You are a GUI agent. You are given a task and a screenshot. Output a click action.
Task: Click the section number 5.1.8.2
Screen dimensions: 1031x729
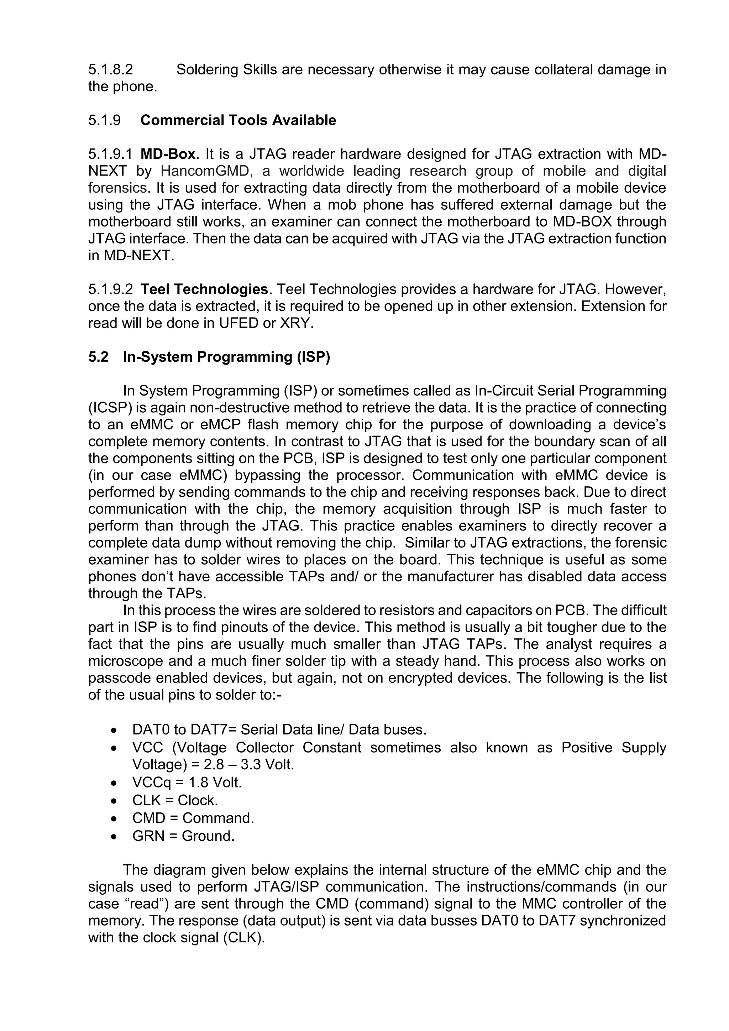(110, 70)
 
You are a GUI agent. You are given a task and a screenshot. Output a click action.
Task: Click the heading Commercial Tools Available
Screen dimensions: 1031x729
(238, 120)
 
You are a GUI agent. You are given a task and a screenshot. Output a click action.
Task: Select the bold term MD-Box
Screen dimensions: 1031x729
(168, 154)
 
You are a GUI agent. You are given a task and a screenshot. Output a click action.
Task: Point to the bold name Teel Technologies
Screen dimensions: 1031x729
(204, 289)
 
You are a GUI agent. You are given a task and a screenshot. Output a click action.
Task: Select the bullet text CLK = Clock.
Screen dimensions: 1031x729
(175, 800)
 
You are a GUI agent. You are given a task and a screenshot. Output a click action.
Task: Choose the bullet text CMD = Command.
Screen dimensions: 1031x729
(193, 818)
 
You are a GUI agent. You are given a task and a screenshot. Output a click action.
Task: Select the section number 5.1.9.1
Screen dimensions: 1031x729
(110, 154)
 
